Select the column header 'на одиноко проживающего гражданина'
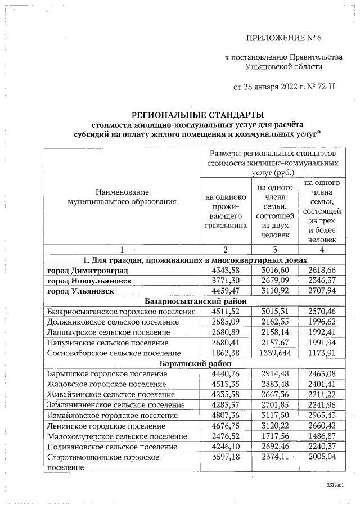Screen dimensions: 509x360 pyautogui.click(x=225, y=211)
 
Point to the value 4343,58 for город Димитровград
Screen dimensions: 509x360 pyautogui.click(x=225, y=271)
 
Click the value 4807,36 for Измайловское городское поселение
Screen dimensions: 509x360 pyautogui.click(x=225, y=415)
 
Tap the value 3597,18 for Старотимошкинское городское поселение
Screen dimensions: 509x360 pyautogui.click(x=225, y=457)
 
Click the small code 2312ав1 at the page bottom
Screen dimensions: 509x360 pyautogui.click(x=335, y=484)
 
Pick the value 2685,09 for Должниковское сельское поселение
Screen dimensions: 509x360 pyautogui.click(x=225, y=322)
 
